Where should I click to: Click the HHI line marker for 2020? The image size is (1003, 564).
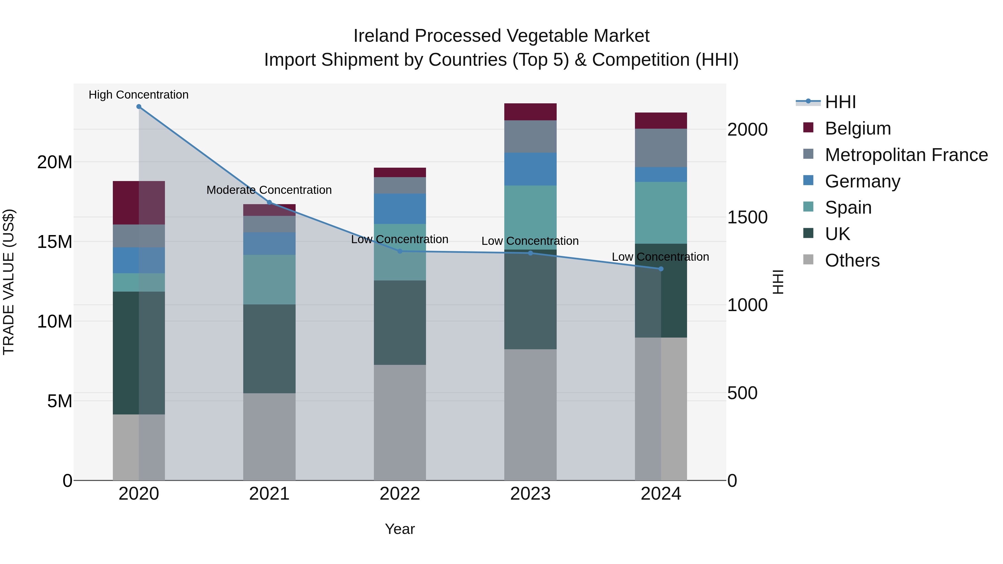pyautogui.click(x=139, y=107)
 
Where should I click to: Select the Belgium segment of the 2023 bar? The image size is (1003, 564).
pyautogui.click(x=530, y=112)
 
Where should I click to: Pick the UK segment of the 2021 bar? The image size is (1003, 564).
pyautogui.click(x=269, y=349)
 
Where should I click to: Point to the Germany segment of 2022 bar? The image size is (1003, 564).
pyautogui.click(x=400, y=209)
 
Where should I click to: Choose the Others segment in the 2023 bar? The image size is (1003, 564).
pyautogui.click(x=530, y=414)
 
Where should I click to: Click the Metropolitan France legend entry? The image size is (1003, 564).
pyautogui.click(x=906, y=155)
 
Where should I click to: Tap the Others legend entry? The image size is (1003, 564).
pyautogui.click(x=852, y=260)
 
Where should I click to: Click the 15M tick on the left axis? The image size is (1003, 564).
pyautogui.click(x=55, y=242)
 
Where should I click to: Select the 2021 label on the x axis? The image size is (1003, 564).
pyautogui.click(x=269, y=494)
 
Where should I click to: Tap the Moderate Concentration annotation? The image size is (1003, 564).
pyautogui.click(x=269, y=190)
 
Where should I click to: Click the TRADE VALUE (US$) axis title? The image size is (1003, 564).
pyautogui.click(x=9, y=282)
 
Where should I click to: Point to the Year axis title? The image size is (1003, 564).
pyautogui.click(x=400, y=529)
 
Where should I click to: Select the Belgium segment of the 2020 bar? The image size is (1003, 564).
pyautogui.click(x=139, y=203)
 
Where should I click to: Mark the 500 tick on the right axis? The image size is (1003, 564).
pyautogui.click(x=742, y=393)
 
